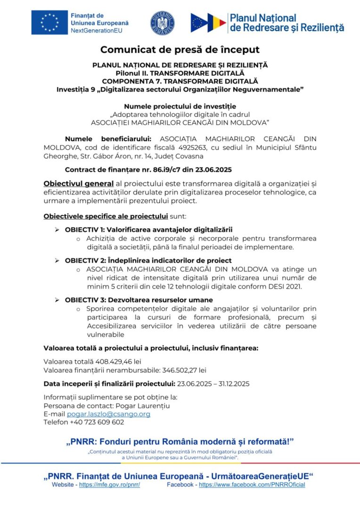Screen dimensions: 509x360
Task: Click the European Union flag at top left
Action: pos(49,22)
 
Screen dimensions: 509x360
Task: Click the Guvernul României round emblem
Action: pos(163,23)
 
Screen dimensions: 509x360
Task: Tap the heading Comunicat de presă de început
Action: pos(180,49)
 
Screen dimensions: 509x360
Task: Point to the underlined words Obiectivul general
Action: pos(78,183)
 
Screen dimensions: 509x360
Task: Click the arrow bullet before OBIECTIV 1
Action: pos(57,230)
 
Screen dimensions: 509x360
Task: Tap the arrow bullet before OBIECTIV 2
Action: pos(57,260)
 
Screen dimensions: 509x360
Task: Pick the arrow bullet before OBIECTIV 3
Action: pos(57,300)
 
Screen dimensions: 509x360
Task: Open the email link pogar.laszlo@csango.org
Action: pos(108,414)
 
